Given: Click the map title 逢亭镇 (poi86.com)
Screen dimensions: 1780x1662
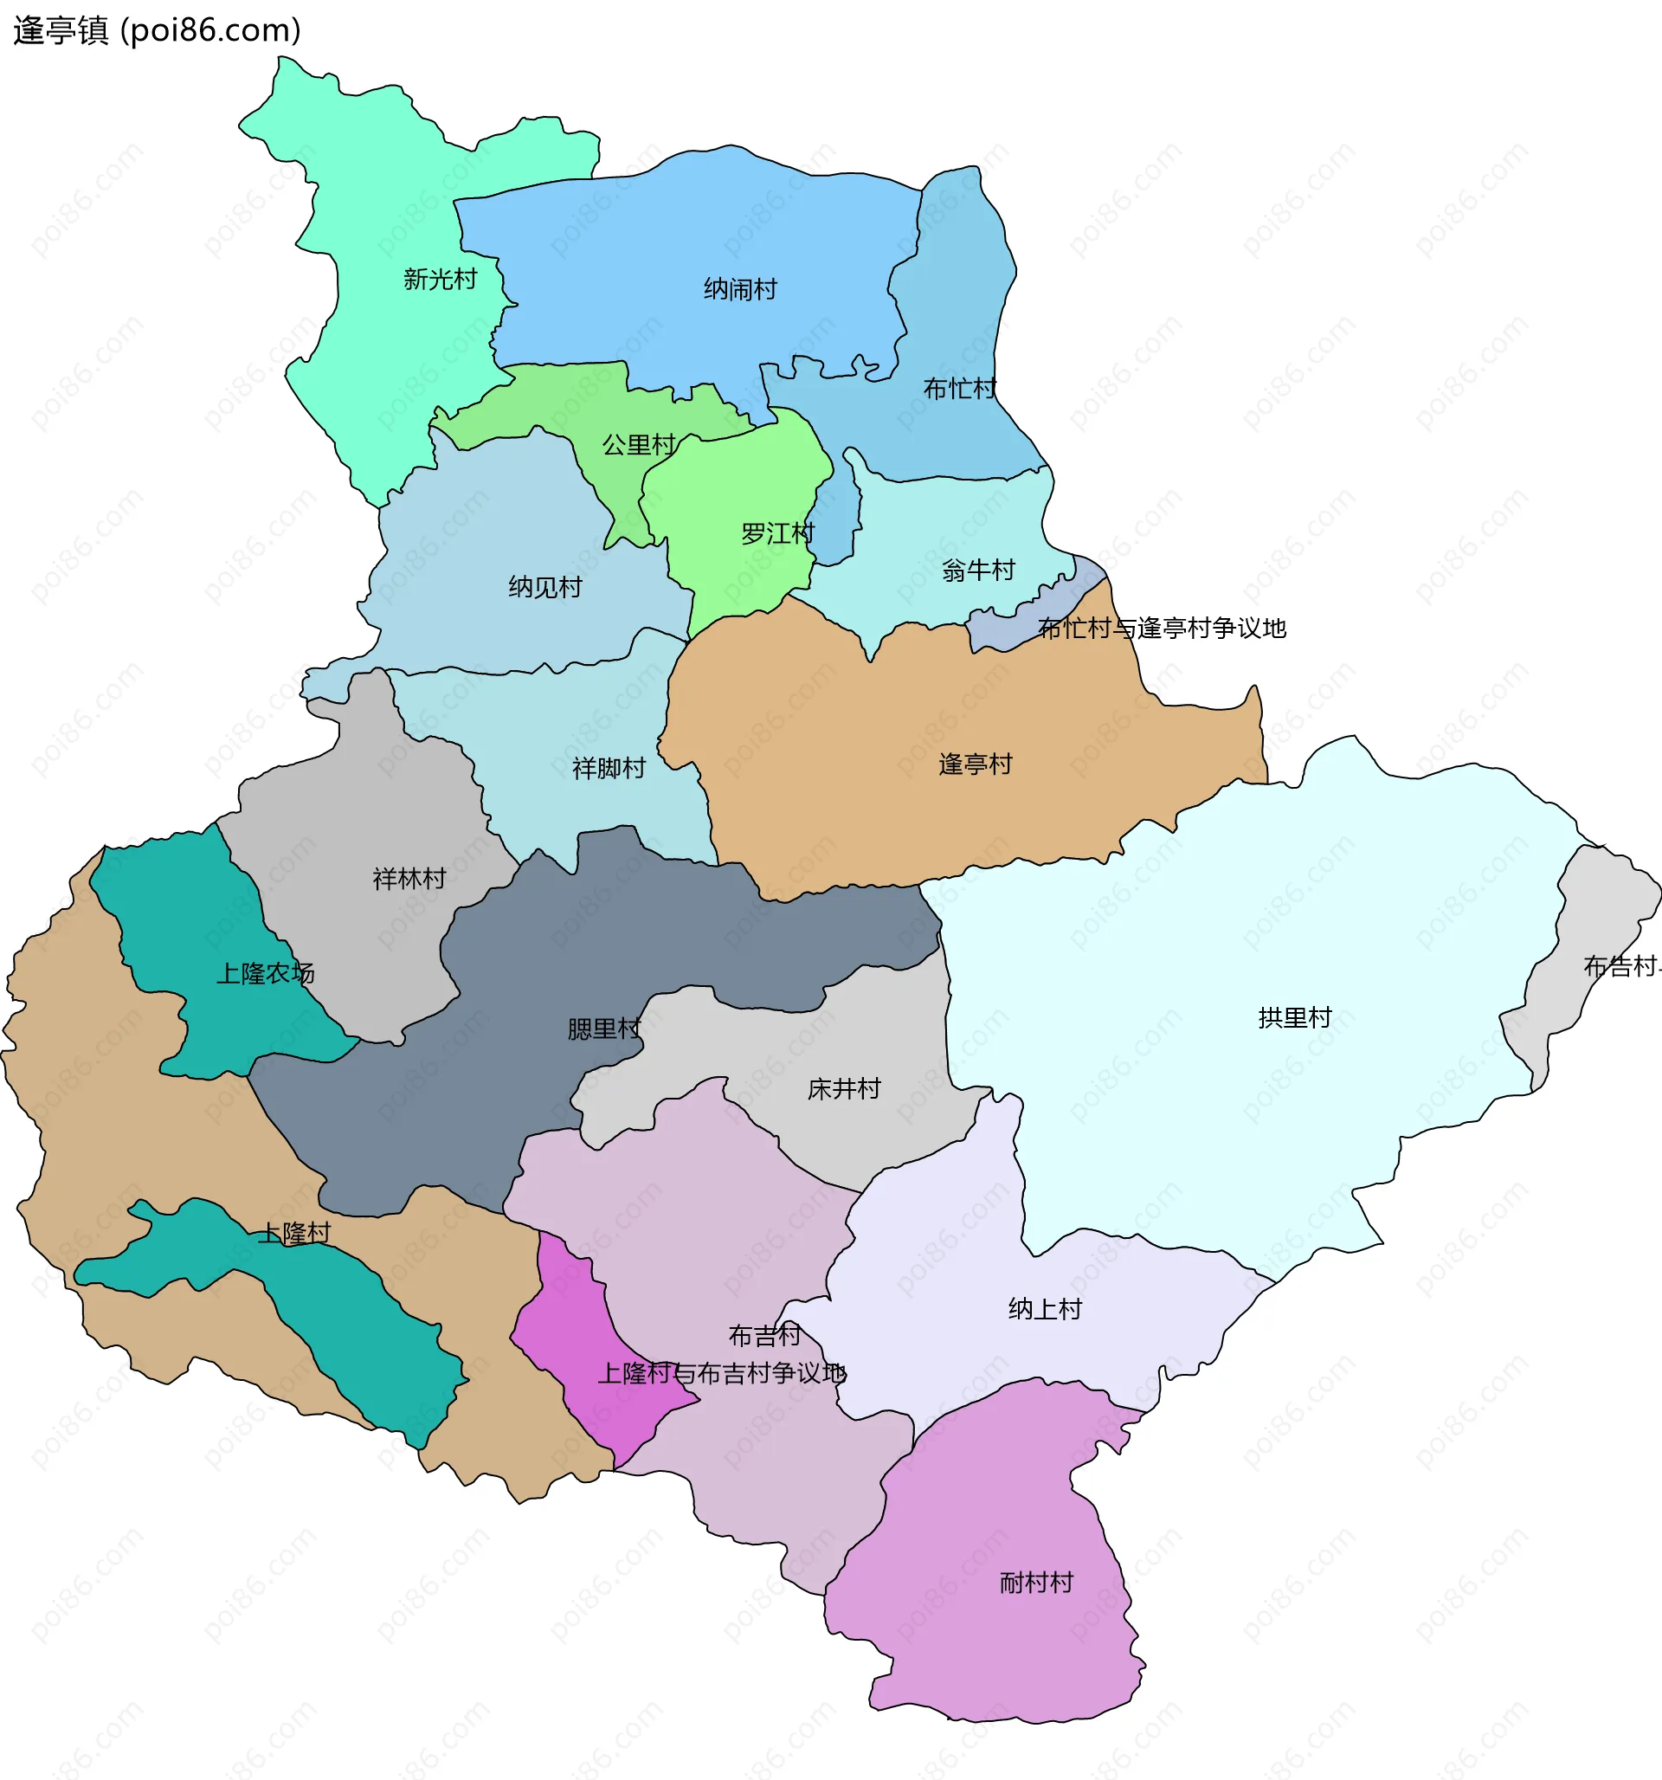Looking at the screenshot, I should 157,30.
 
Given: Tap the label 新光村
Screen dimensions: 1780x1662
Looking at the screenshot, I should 440,280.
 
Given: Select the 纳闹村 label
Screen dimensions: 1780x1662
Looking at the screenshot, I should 739,289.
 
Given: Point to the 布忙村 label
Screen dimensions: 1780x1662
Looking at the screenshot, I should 959,389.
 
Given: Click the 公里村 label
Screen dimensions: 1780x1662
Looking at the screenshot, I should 639,445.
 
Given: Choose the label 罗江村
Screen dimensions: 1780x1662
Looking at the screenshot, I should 777,534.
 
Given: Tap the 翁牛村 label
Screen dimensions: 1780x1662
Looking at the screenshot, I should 978,571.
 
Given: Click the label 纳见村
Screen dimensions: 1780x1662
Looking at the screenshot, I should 545,587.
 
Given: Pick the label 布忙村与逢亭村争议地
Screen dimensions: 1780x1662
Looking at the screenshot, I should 1162,629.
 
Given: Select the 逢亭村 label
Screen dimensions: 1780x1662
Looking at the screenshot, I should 976,764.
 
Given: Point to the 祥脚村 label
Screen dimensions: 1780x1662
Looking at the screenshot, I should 609,768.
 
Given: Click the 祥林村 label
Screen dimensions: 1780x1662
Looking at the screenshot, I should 409,879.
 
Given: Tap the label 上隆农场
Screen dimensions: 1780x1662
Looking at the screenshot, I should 265,973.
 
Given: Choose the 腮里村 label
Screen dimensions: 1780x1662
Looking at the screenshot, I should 604,1029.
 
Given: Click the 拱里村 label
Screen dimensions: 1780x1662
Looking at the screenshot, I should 1295,1017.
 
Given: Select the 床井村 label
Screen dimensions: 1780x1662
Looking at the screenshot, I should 843,1089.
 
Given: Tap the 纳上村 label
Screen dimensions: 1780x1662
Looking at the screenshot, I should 1045,1309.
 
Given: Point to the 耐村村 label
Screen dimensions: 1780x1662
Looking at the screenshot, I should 1036,1582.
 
